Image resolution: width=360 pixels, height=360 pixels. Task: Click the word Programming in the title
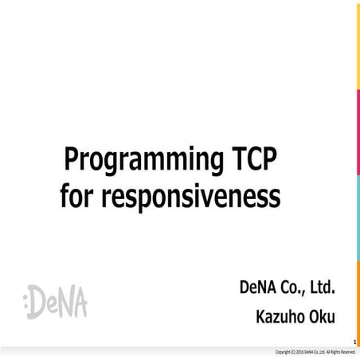[x=136, y=162]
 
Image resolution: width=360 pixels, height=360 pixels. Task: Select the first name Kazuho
[x=280, y=316]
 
